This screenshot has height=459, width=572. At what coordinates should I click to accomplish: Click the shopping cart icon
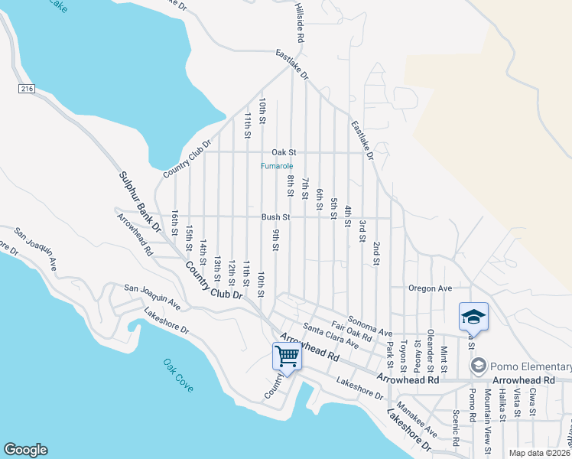(x=287, y=356)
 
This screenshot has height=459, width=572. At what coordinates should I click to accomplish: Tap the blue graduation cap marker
(x=473, y=317)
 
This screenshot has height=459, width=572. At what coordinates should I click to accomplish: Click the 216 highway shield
(x=27, y=90)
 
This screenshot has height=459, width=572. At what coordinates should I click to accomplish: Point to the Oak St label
(x=282, y=152)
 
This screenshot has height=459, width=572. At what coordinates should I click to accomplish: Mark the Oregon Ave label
(x=431, y=288)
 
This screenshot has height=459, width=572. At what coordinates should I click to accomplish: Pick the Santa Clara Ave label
(x=330, y=336)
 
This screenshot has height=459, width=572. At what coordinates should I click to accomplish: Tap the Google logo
(x=25, y=450)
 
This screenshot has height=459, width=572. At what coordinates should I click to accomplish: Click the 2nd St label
(x=376, y=253)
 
